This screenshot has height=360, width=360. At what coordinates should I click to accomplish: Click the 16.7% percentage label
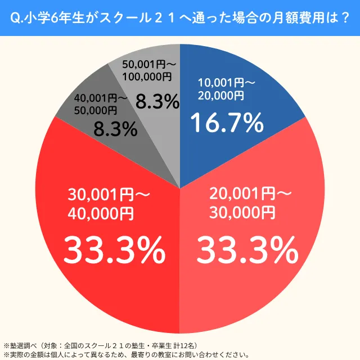pyautogui.click(x=226, y=124)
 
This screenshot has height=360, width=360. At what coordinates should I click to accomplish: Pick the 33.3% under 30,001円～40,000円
pyautogui.click(x=115, y=250)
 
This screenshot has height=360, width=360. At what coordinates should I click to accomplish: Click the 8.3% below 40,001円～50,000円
pyautogui.click(x=115, y=129)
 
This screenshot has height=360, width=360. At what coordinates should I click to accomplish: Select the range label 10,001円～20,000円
pyautogui.click(x=226, y=89)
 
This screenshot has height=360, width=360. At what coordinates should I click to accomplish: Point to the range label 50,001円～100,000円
pyautogui.click(x=145, y=70)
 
